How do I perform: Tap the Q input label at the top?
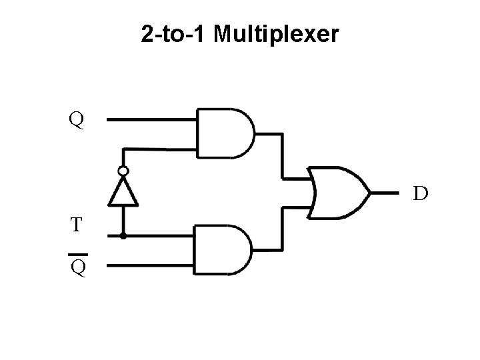[x=77, y=121]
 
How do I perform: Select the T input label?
[x=77, y=224]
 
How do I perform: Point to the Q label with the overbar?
[x=77, y=268]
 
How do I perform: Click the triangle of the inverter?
[x=123, y=193]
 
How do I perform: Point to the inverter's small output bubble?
[x=123, y=171]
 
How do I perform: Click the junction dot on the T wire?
[x=123, y=235]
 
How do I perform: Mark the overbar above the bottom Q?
[x=77, y=255]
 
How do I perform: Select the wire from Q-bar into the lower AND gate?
[x=151, y=264]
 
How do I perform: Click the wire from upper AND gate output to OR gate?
[x=283, y=155]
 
